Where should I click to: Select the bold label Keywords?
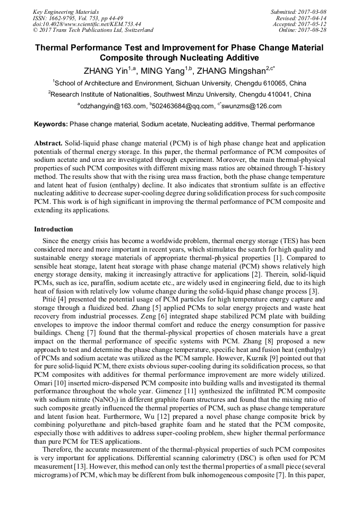(x=51, y=125)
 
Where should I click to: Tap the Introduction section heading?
(x=54, y=229)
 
